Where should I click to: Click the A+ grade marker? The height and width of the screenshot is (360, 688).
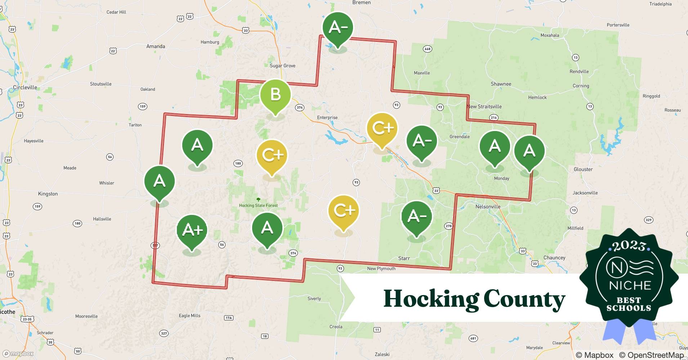(x=192, y=230)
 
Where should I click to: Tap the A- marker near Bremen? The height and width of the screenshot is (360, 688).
(x=338, y=27)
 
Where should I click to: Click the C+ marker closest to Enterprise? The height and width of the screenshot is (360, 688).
(x=382, y=128)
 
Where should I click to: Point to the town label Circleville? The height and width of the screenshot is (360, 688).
(x=25, y=87)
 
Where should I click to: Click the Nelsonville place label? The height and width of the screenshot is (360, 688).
(x=488, y=207)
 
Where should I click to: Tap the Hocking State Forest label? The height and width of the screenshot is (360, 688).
(x=258, y=206)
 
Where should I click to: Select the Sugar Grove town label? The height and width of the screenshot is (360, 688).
(x=282, y=66)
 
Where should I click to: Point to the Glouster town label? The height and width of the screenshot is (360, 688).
(x=583, y=169)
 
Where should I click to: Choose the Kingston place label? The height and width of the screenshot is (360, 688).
(x=48, y=194)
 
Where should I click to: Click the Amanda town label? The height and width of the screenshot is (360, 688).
(x=156, y=46)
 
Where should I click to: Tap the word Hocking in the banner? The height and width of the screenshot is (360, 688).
(x=430, y=299)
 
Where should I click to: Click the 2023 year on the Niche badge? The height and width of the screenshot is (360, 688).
(x=629, y=246)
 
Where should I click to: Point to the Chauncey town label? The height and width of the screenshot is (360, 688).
(x=554, y=258)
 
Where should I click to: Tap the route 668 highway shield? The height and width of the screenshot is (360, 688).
(x=427, y=49)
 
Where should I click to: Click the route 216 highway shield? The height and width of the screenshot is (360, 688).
(x=493, y=117)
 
